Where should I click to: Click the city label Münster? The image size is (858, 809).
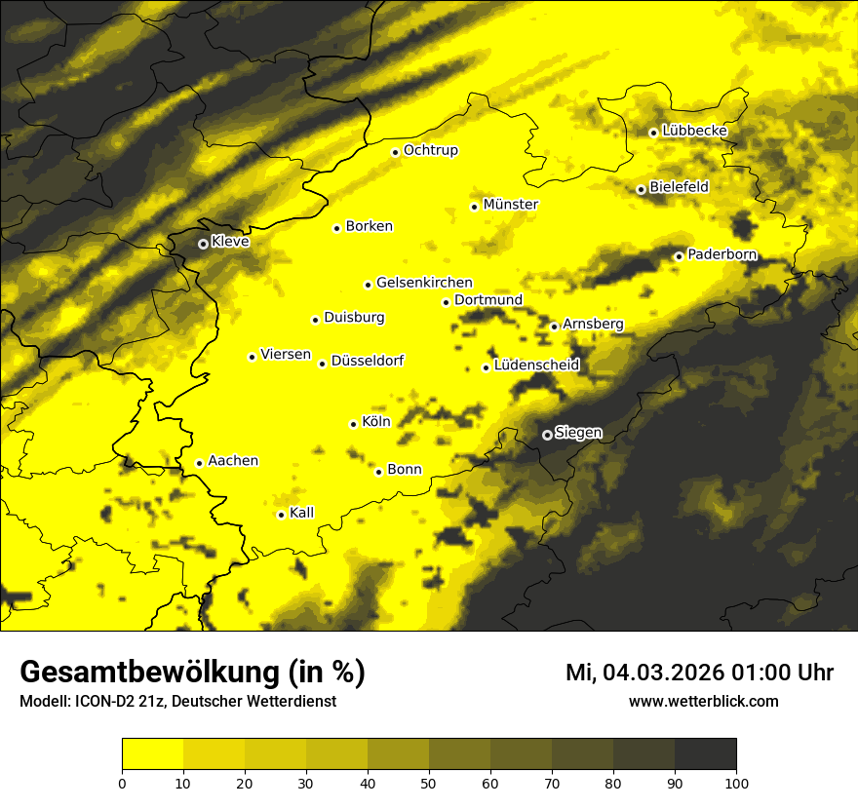(511, 205)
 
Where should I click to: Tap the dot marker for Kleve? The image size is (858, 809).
(203, 244)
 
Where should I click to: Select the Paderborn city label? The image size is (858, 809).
(722, 255)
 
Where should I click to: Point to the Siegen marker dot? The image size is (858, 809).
(547, 435)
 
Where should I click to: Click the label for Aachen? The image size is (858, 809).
(233, 461)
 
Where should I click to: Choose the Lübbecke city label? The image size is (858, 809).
(694, 132)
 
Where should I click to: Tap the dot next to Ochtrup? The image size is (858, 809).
(396, 152)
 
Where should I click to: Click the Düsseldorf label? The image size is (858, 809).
(368, 362)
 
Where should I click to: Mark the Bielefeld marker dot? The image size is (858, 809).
(642, 189)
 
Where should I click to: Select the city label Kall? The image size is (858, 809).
(302, 513)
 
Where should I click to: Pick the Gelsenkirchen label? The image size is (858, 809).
(424, 284)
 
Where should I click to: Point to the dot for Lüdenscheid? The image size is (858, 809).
(486, 367)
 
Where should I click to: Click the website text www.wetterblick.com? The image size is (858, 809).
(704, 702)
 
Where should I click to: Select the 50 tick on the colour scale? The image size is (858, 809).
(429, 782)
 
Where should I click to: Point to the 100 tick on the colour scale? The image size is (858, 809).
(736, 782)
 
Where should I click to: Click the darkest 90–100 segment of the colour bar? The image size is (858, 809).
(705, 754)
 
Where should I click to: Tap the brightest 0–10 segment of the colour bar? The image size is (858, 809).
(152, 754)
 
